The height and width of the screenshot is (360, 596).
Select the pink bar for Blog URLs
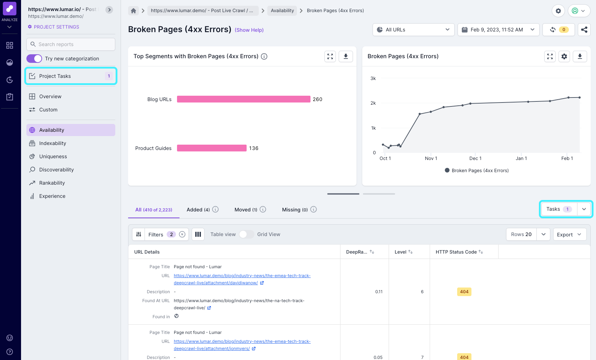pos(243,99)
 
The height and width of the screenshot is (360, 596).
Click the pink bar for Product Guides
pos(212,148)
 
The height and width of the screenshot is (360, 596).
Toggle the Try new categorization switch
pos(34,59)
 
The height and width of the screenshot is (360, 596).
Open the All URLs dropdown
pos(413,30)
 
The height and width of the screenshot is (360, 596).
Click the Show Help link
pos(249,30)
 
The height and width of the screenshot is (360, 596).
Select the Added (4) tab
pos(198,210)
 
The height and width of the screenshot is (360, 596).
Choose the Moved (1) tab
pos(246,210)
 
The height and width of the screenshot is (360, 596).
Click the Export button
pos(569,235)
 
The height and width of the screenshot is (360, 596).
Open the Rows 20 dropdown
pos(528,234)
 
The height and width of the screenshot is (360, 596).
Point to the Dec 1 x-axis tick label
pos(475,158)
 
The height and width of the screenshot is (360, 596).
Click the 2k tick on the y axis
pos(373,103)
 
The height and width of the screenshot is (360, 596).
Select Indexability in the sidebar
pos(52,143)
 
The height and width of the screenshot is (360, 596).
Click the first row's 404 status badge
pos(464,292)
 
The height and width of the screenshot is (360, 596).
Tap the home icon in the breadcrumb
pos(133,11)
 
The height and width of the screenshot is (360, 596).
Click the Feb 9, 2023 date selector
pos(497,30)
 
